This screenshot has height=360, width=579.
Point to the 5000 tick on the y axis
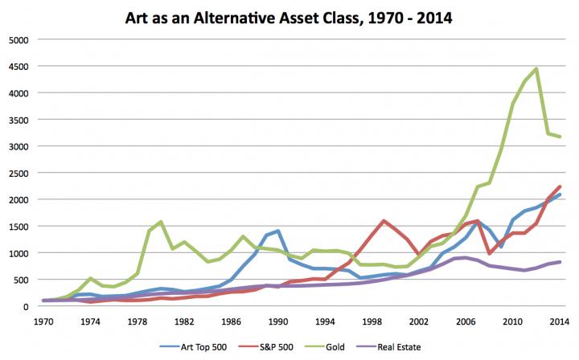click(18, 39)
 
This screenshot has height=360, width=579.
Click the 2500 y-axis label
click(18, 173)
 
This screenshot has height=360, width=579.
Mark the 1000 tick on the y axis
click(18, 253)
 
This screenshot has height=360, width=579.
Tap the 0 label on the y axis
click(26, 306)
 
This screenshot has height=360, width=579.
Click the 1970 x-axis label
click(45, 321)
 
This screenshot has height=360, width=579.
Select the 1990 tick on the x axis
click(278, 321)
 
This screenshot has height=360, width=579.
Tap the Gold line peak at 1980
click(161, 222)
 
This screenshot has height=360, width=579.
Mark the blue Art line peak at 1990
click(277, 231)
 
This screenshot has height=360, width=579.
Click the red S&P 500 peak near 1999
click(383, 220)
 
